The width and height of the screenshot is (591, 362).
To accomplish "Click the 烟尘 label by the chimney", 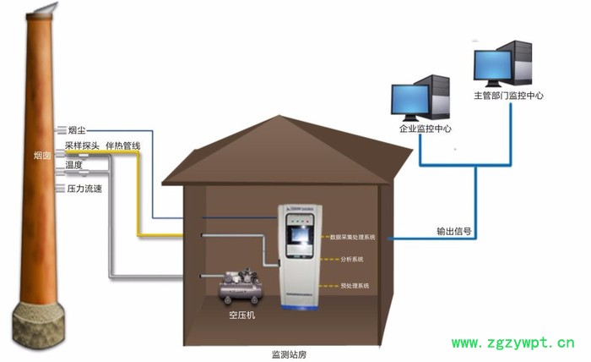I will (x=77, y=130).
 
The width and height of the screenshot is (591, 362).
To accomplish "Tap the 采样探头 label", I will (x=82, y=145).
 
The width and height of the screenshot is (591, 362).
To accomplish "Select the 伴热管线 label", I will (x=123, y=145).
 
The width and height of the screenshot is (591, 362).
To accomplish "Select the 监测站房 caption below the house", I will (x=289, y=354).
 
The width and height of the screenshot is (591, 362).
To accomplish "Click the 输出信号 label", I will (x=453, y=230).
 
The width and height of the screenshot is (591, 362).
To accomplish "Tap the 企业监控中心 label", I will (x=425, y=129).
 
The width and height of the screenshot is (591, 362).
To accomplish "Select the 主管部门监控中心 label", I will (x=508, y=96).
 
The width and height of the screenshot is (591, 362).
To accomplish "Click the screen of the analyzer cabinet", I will (x=301, y=236).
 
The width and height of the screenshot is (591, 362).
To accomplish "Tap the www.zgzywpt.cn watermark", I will (x=513, y=343).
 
